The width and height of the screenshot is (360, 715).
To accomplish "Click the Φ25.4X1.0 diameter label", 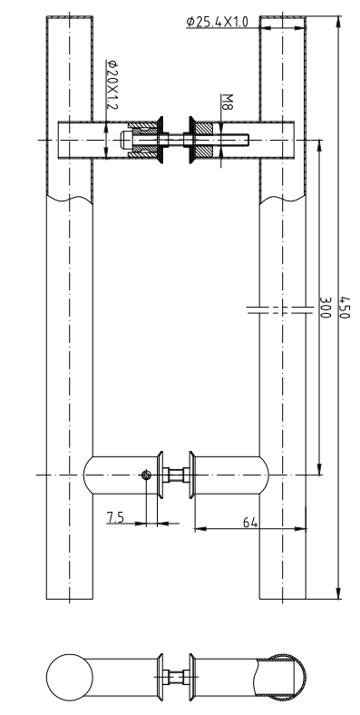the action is pyautogui.click(x=218, y=22).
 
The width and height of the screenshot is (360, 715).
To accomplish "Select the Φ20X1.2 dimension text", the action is pyautogui.click(x=112, y=84).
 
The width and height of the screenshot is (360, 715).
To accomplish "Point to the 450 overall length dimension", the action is pyautogui.click(x=345, y=308).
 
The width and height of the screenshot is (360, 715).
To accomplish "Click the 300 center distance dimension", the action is pyautogui.click(x=325, y=308).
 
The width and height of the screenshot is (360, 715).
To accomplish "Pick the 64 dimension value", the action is pyautogui.click(x=249, y=523).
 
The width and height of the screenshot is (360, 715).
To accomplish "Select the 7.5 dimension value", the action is pyautogui.click(x=115, y=517).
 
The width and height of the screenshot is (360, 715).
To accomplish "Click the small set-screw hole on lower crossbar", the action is pyautogui.click(x=146, y=475).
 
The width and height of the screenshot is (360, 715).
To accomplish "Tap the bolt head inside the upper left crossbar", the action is pyautogui.click(x=127, y=140).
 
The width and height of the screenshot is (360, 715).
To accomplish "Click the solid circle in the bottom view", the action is pyautogui.click(x=70, y=677).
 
